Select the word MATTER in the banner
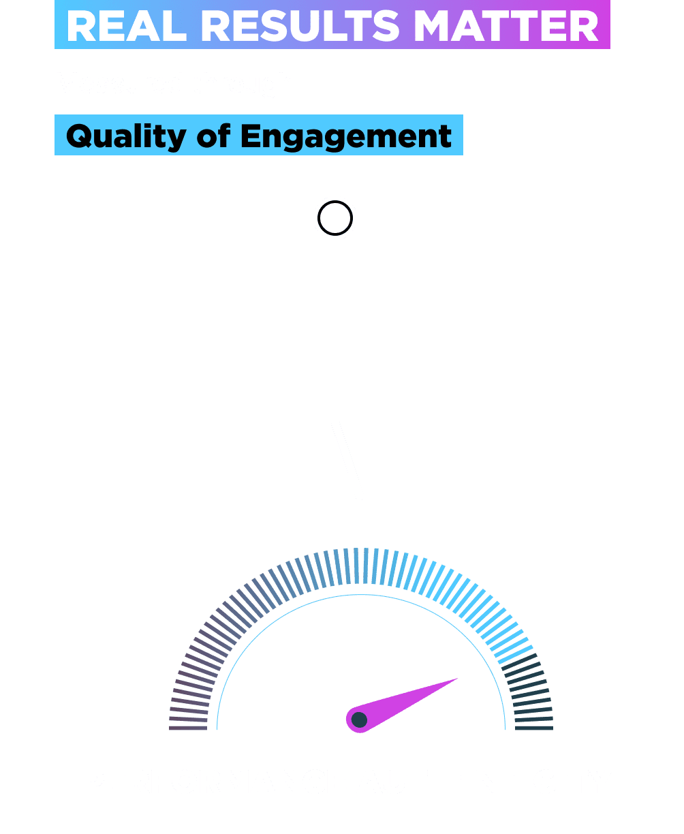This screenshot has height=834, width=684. pos(506,26)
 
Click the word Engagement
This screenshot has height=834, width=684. pos(346,136)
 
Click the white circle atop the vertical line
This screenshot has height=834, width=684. pos(335,218)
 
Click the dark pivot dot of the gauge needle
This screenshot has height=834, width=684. pos(359,720)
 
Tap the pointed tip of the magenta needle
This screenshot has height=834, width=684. pos(457,679)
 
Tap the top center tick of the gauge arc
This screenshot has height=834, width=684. pos(361,566)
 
